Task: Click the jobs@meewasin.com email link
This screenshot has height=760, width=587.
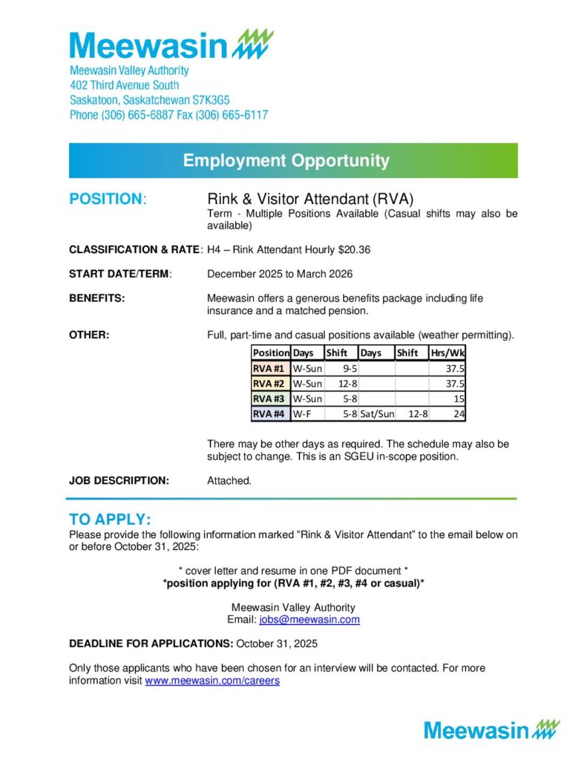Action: [x=309, y=619]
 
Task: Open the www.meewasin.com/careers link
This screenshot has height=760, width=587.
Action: [x=211, y=680]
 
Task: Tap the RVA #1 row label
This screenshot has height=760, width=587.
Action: [x=269, y=368]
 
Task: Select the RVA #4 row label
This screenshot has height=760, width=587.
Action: [x=269, y=414]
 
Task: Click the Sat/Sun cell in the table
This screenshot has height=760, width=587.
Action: [x=377, y=414]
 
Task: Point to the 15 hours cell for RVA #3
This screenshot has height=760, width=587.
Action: [x=458, y=399]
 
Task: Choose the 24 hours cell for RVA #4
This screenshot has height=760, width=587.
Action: [x=458, y=414]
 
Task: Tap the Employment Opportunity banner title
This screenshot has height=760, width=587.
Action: [x=286, y=160]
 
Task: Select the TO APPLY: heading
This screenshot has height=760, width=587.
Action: [x=110, y=518]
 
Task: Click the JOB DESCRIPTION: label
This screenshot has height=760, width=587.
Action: [x=119, y=480]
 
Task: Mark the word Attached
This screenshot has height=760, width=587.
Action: [x=229, y=480]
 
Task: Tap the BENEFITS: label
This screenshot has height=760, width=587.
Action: [x=96, y=298]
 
